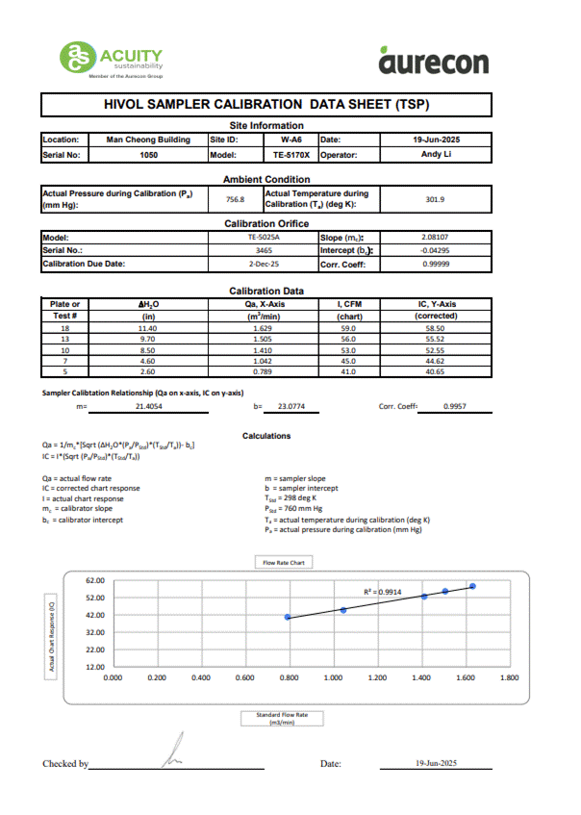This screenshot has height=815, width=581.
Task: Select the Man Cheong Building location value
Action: (x=148, y=140)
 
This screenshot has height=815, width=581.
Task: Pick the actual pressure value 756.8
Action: (x=235, y=199)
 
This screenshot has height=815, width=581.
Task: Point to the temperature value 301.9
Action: (x=434, y=199)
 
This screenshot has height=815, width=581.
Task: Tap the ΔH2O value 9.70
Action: (x=148, y=339)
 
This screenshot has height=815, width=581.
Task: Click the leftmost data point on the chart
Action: (x=288, y=617)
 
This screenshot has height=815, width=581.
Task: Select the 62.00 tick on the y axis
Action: (x=94, y=580)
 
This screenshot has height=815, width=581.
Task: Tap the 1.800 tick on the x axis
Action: (x=510, y=677)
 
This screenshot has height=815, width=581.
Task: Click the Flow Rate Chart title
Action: (x=283, y=562)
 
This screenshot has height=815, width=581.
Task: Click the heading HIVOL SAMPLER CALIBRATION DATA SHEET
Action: (x=266, y=104)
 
